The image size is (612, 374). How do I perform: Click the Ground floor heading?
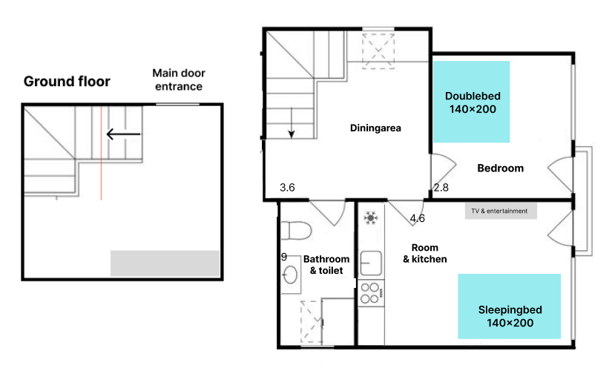pos(67,82)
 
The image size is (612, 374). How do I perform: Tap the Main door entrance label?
pos(179,79)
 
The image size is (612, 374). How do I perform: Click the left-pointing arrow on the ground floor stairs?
pos(123,134)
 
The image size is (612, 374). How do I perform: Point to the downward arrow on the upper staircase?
pos(292,122)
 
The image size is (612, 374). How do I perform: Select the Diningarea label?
pos(375,128)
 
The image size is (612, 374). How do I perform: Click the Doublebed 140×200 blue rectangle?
pos(472,102)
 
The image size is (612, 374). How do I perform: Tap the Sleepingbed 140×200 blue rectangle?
pos(510,306)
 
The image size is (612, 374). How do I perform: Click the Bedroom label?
pos(501,168)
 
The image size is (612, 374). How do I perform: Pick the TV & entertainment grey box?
pos(501,211)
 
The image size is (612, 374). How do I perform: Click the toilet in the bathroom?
pos(296,230)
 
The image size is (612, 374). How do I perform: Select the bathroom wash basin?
pos(290,275)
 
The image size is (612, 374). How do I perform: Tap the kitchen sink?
pos(371,263)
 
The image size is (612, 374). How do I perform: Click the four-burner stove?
pos(371,293)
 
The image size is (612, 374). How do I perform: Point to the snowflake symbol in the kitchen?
pos(371,217)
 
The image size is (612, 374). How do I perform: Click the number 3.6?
pos(287,188)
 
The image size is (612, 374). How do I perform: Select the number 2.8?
pos(441,188)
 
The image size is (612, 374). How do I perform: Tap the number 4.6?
pos(417,219)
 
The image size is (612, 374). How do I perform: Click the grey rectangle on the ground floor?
pos(165,263)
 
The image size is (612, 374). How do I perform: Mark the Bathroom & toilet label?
pos(326,265)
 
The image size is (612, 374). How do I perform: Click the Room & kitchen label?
pos(424,253)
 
